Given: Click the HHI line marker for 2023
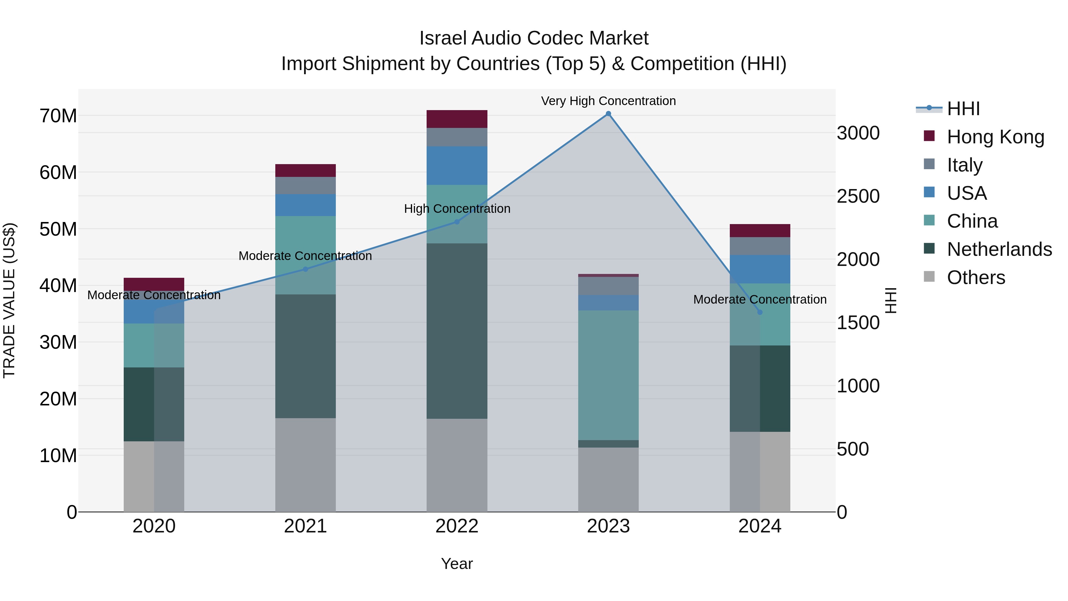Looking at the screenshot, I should click(608, 114).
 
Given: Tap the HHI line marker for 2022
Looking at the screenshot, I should click(457, 222).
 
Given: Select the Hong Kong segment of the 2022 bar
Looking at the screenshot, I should click(457, 119).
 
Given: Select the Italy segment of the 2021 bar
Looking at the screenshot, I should click(306, 185).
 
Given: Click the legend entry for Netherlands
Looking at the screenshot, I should click(999, 249).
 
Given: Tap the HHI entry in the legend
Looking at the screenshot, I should click(963, 109).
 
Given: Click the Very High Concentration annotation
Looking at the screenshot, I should click(608, 101).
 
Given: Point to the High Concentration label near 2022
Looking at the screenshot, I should click(457, 209).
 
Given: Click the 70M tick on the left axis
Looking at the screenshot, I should click(58, 116).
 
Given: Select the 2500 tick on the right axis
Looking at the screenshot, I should click(858, 196).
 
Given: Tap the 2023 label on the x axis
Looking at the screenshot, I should click(608, 526).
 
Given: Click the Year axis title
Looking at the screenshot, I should click(457, 564).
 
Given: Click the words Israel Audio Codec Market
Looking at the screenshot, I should click(534, 38).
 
